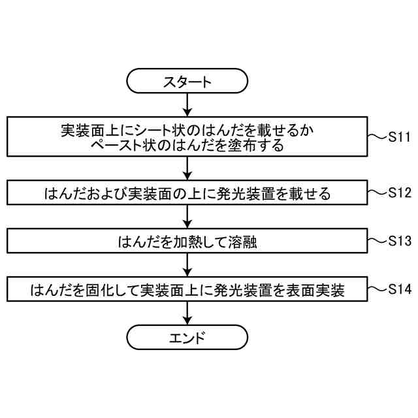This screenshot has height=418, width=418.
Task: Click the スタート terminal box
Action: (x=187, y=82)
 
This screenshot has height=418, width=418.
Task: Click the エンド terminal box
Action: (x=187, y=338)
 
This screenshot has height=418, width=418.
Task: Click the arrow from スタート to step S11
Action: (x=187, y=104)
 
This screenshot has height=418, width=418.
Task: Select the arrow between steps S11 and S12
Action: (x=187, y=168)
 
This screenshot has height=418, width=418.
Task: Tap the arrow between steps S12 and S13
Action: (x=187, y=216)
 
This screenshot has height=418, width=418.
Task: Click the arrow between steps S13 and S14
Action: (x=187, y=264)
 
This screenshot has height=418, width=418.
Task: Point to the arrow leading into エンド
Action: (x=187, y=313)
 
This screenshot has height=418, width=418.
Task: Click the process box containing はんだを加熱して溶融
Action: (x=187, y=240)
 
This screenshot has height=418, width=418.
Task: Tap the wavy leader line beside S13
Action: (x=378, y=240)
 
